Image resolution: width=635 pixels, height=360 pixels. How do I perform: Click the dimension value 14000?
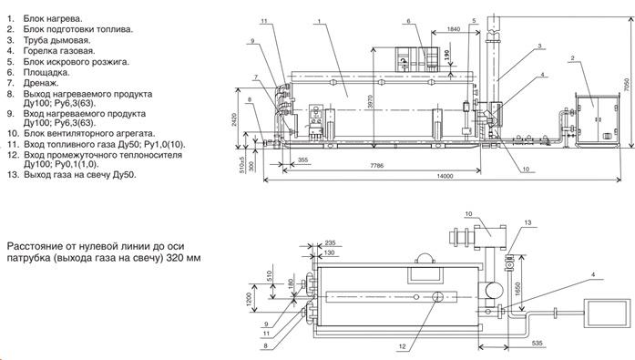coord(445,176)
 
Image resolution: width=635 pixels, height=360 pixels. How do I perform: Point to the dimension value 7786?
coord(376,166)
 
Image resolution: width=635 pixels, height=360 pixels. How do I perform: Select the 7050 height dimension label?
coord(627,84)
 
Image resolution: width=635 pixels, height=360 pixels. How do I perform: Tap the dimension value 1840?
coord(454,29)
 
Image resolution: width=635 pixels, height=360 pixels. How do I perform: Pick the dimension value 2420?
coord(234,119)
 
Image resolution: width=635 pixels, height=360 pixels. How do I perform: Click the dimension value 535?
coord(537,344)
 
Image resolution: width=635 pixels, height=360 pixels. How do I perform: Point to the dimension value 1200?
coord(249,299)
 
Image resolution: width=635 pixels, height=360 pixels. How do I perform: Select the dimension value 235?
coord(331,243)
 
